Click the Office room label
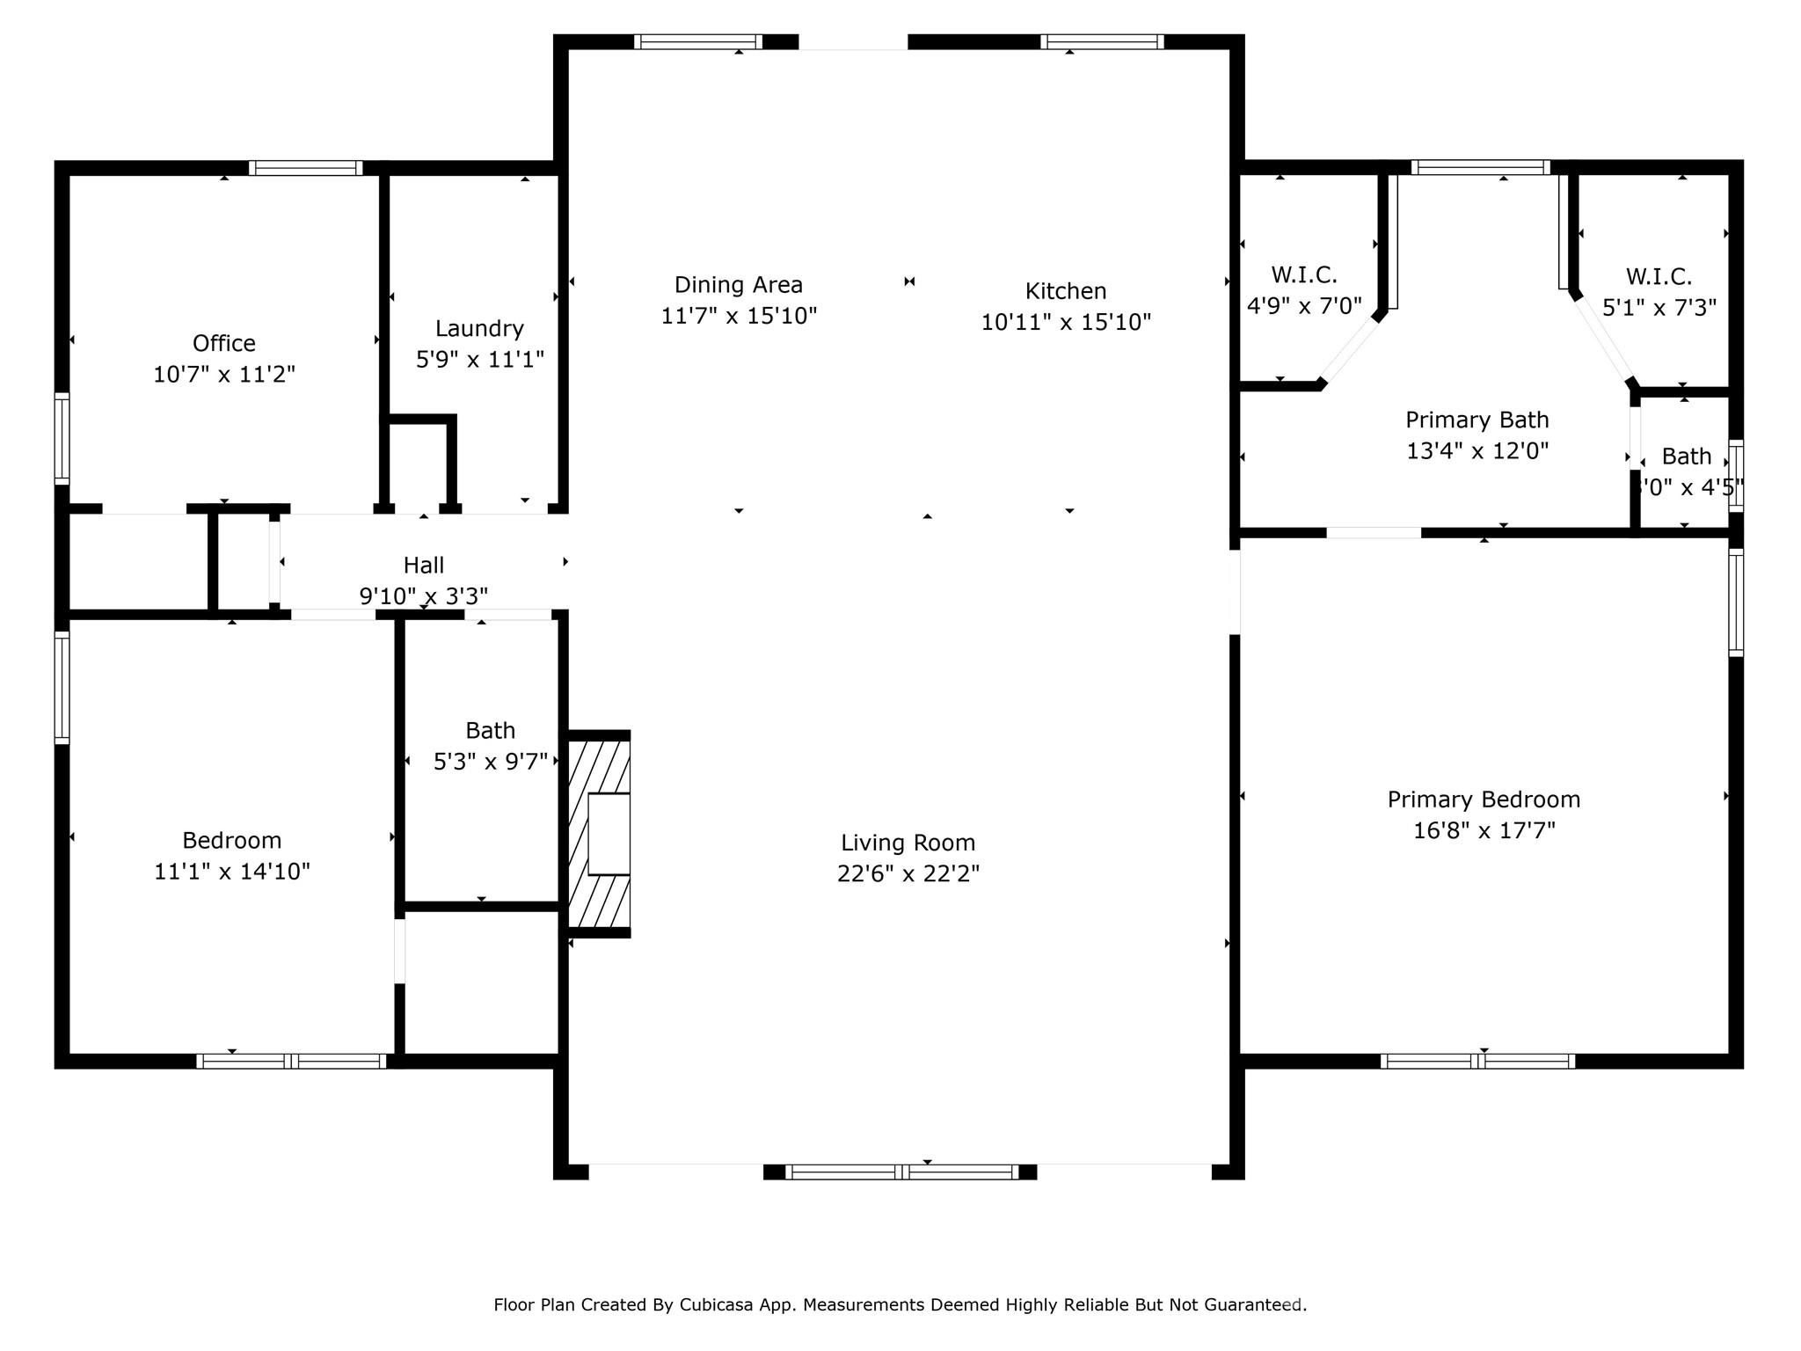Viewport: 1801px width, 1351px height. (223, 343)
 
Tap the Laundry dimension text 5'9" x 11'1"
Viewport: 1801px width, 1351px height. (479, 359)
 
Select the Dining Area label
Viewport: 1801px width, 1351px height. (738, 285)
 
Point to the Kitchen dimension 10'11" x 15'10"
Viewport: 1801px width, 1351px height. (1065, 322)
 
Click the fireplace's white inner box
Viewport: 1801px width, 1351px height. (609, 834)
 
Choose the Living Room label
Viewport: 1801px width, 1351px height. (908, 843)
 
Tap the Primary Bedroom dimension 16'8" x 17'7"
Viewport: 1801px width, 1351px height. (1484, 830)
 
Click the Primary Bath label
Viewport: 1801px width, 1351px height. (1477, 420)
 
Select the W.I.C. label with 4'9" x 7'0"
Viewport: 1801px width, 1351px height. (1303, 275)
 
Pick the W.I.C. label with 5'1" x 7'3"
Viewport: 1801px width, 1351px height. (1658, 277)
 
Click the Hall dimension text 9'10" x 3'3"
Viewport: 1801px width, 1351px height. (423, 596)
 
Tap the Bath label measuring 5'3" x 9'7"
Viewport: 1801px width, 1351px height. (490, 730)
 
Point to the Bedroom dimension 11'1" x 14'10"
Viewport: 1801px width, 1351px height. (232, 871)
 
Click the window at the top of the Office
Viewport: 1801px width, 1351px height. (305, 168)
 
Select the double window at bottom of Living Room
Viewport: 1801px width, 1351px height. (901, 1172)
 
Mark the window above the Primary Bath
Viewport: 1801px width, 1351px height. (1480, 167)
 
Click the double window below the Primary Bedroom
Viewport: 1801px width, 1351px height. (1477, 1061)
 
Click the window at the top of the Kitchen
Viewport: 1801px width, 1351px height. (1102, 41)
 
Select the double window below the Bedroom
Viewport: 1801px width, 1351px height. (291, 1061)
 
